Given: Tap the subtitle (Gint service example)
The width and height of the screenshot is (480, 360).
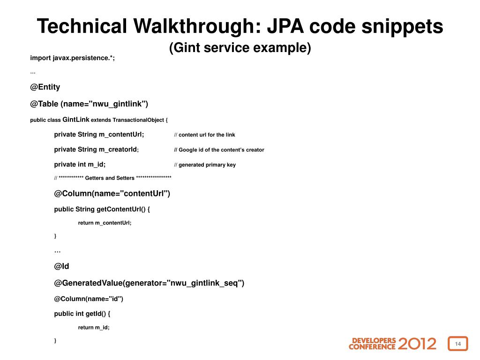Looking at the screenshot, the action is tap(240, 48).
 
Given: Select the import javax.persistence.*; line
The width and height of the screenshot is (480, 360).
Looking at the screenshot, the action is tap(72, 58).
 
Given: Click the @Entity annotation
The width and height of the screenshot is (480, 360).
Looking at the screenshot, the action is tap(45, 87).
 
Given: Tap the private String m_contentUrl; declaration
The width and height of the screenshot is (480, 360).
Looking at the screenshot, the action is tap(99, 135).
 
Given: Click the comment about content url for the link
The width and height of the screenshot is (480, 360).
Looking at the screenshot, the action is tap(204, 135).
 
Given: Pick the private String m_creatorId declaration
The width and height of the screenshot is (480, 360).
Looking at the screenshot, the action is tap(96, 150).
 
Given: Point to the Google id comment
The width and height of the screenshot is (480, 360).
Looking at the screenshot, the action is tap(219, 150).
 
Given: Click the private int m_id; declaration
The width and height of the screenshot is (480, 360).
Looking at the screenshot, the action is tap(80, 165).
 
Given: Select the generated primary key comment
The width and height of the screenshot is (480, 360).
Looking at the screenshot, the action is tap(205, 165).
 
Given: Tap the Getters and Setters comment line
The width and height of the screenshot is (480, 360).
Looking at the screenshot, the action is tap(112, 178).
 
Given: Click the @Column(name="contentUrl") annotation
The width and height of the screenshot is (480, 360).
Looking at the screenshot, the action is tap(112, 194).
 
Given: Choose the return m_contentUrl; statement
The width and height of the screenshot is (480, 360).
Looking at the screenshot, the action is tap(105, 223).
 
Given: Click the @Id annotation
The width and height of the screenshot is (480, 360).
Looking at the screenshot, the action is tap(61, 266).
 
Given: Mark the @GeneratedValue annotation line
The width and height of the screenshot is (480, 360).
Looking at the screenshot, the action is tap(149, 283).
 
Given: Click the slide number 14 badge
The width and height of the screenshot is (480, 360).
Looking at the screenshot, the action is tap(458, 344).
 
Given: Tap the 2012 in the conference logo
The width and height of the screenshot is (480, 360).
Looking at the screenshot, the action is tap(417, 344).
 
